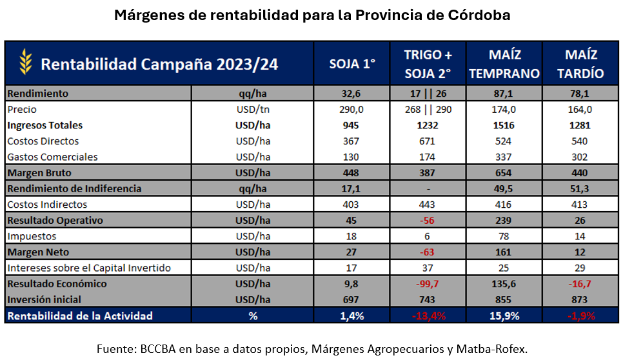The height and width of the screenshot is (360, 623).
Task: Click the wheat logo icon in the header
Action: tap(25, 63)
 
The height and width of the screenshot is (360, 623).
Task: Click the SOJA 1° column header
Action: tap(352, 64)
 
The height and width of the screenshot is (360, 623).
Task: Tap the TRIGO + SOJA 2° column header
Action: tap(427, 64)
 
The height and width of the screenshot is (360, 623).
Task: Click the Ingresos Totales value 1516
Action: tap(504, 125)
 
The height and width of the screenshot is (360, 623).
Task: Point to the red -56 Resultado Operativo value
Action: tap(427, 220)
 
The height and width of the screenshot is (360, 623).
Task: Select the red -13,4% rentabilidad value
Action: tap(427, 315)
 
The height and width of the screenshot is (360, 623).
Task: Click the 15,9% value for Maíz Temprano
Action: tap(504, 315)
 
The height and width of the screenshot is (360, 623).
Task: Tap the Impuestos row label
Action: tap(32, 236)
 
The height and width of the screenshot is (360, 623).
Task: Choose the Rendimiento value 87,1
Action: tap(504, 94)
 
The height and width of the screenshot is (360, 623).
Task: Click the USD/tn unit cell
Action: tap(253, 110)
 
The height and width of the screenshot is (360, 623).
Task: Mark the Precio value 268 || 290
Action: tap(427, 110)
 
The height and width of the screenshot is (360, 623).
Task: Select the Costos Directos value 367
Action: tap(352, 141)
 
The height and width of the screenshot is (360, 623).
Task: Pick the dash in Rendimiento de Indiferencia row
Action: tap(427, 188)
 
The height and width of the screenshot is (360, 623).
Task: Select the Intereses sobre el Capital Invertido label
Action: tap(89, 268)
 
